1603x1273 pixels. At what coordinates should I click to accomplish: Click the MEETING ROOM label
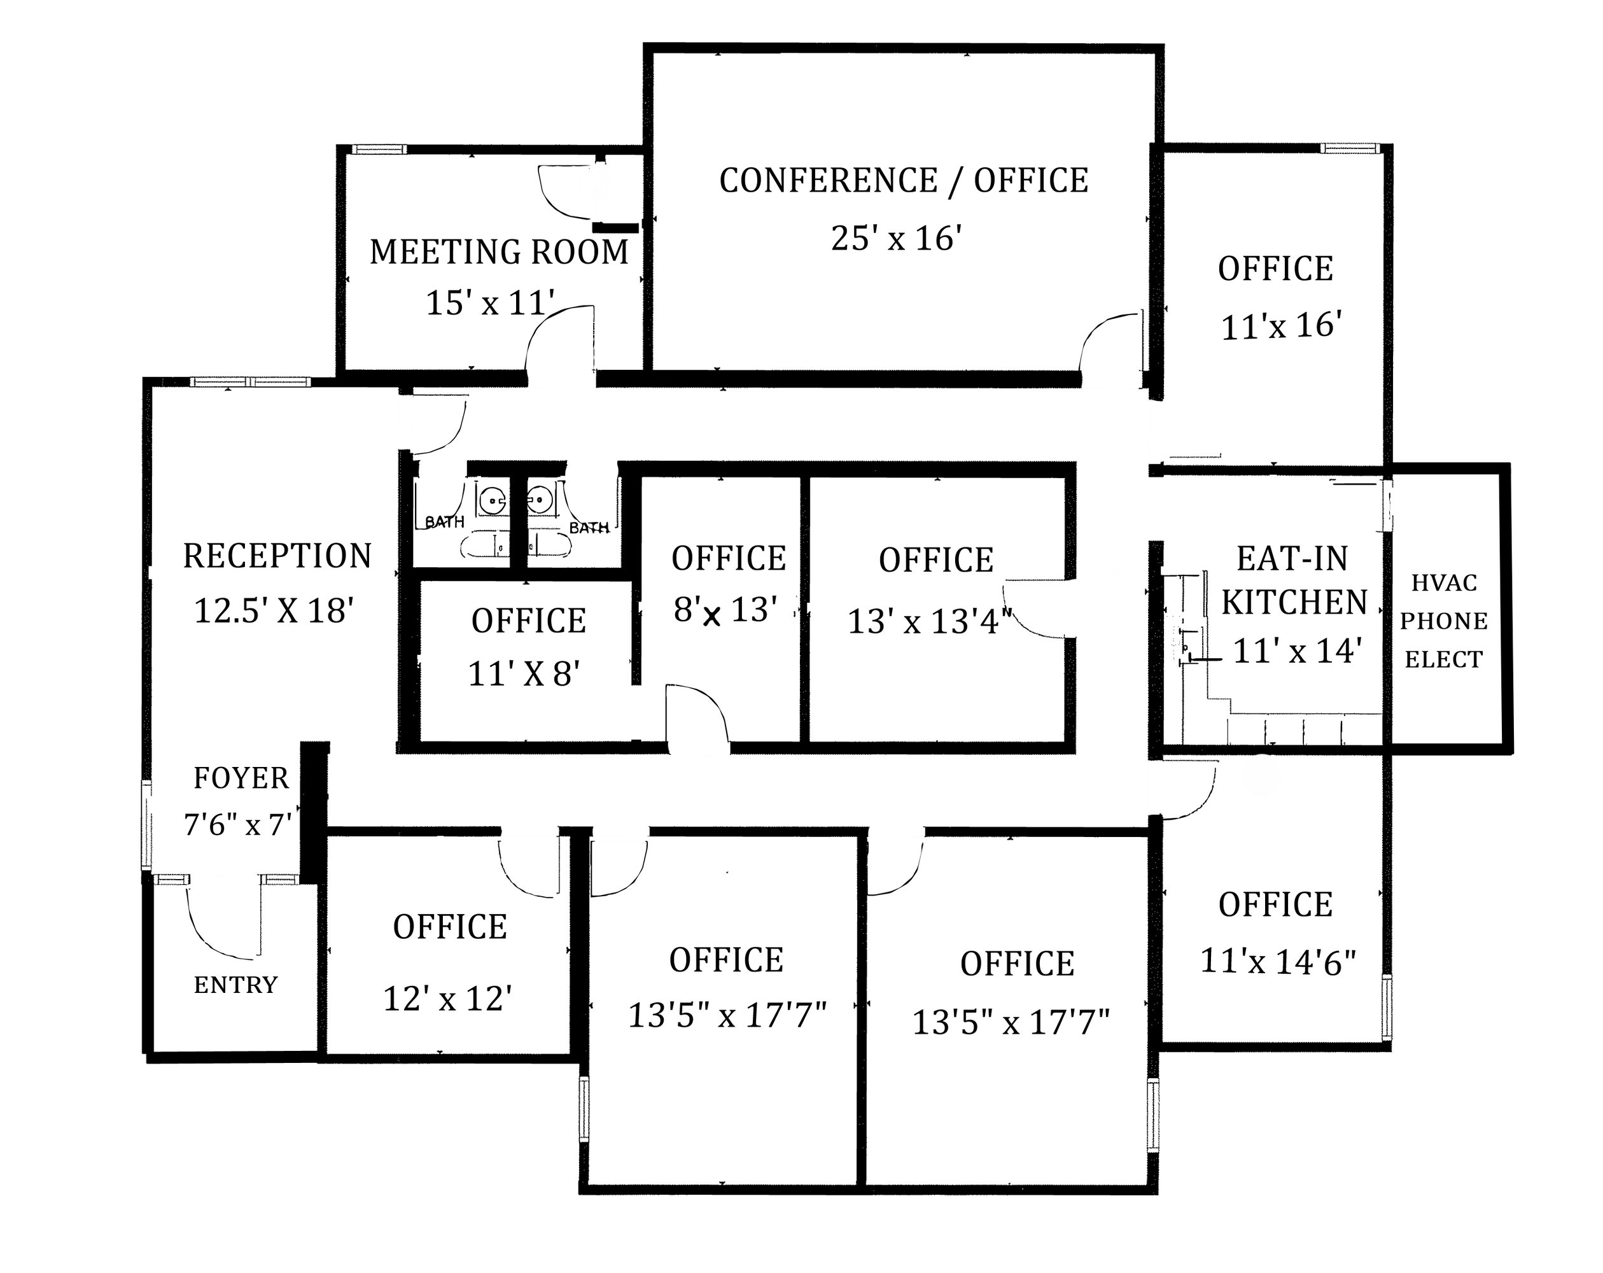coord(499,252)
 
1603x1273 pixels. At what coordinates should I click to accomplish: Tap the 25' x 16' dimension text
coord(897,239)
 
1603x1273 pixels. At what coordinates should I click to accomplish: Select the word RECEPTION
coord(277,556)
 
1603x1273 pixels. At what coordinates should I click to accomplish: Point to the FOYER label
coord(241,778)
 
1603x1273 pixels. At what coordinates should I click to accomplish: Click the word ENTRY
coord(235,985)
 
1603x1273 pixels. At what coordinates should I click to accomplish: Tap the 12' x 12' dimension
coord(447,999)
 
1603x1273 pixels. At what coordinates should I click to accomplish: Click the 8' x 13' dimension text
coord(725,610)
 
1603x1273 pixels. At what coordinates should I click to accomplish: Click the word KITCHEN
coord(1294,602)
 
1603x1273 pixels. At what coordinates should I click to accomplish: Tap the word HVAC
coord(1444,583)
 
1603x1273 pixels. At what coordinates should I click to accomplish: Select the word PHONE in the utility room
coord(1444,621)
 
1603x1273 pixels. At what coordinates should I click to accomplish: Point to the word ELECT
coord(1443,659)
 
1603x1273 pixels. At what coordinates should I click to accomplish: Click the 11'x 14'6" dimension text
coord(1278,962)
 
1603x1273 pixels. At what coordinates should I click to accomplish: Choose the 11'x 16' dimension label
coord(1281,326)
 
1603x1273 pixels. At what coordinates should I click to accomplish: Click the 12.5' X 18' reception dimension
coord(273,610)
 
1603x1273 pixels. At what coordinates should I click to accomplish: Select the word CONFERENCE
coord(829,181)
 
